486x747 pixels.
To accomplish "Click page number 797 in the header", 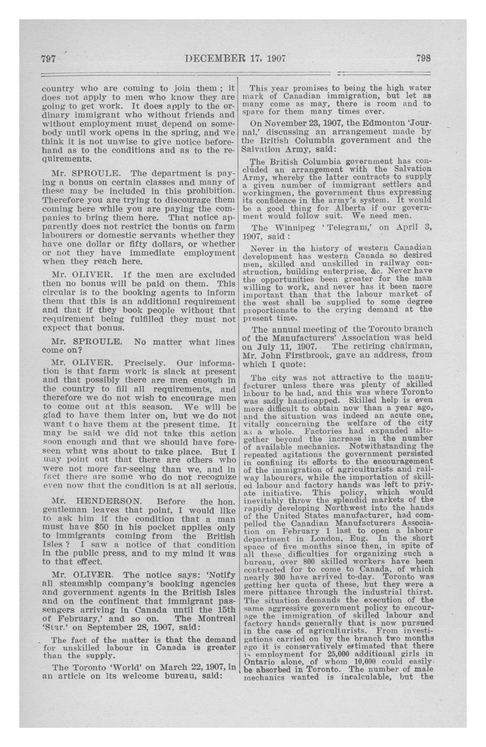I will point(48,59).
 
